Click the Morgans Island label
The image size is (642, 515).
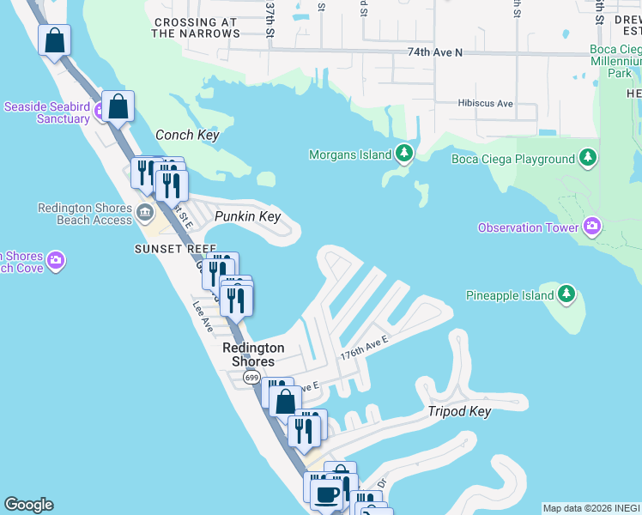[350, 154]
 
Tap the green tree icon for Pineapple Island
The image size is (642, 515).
[566, 295]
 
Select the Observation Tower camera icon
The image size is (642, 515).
[591, 227]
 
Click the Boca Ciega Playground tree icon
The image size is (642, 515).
[588, 159]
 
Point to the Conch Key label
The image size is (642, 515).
[187, 136]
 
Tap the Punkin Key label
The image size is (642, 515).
[247, 216]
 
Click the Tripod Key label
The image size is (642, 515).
[459, 412]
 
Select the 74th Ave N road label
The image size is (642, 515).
[434, 53]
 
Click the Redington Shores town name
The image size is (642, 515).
[253, 354]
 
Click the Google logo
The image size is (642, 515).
[28, 505]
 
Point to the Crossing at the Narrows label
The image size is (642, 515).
[196, 27]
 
